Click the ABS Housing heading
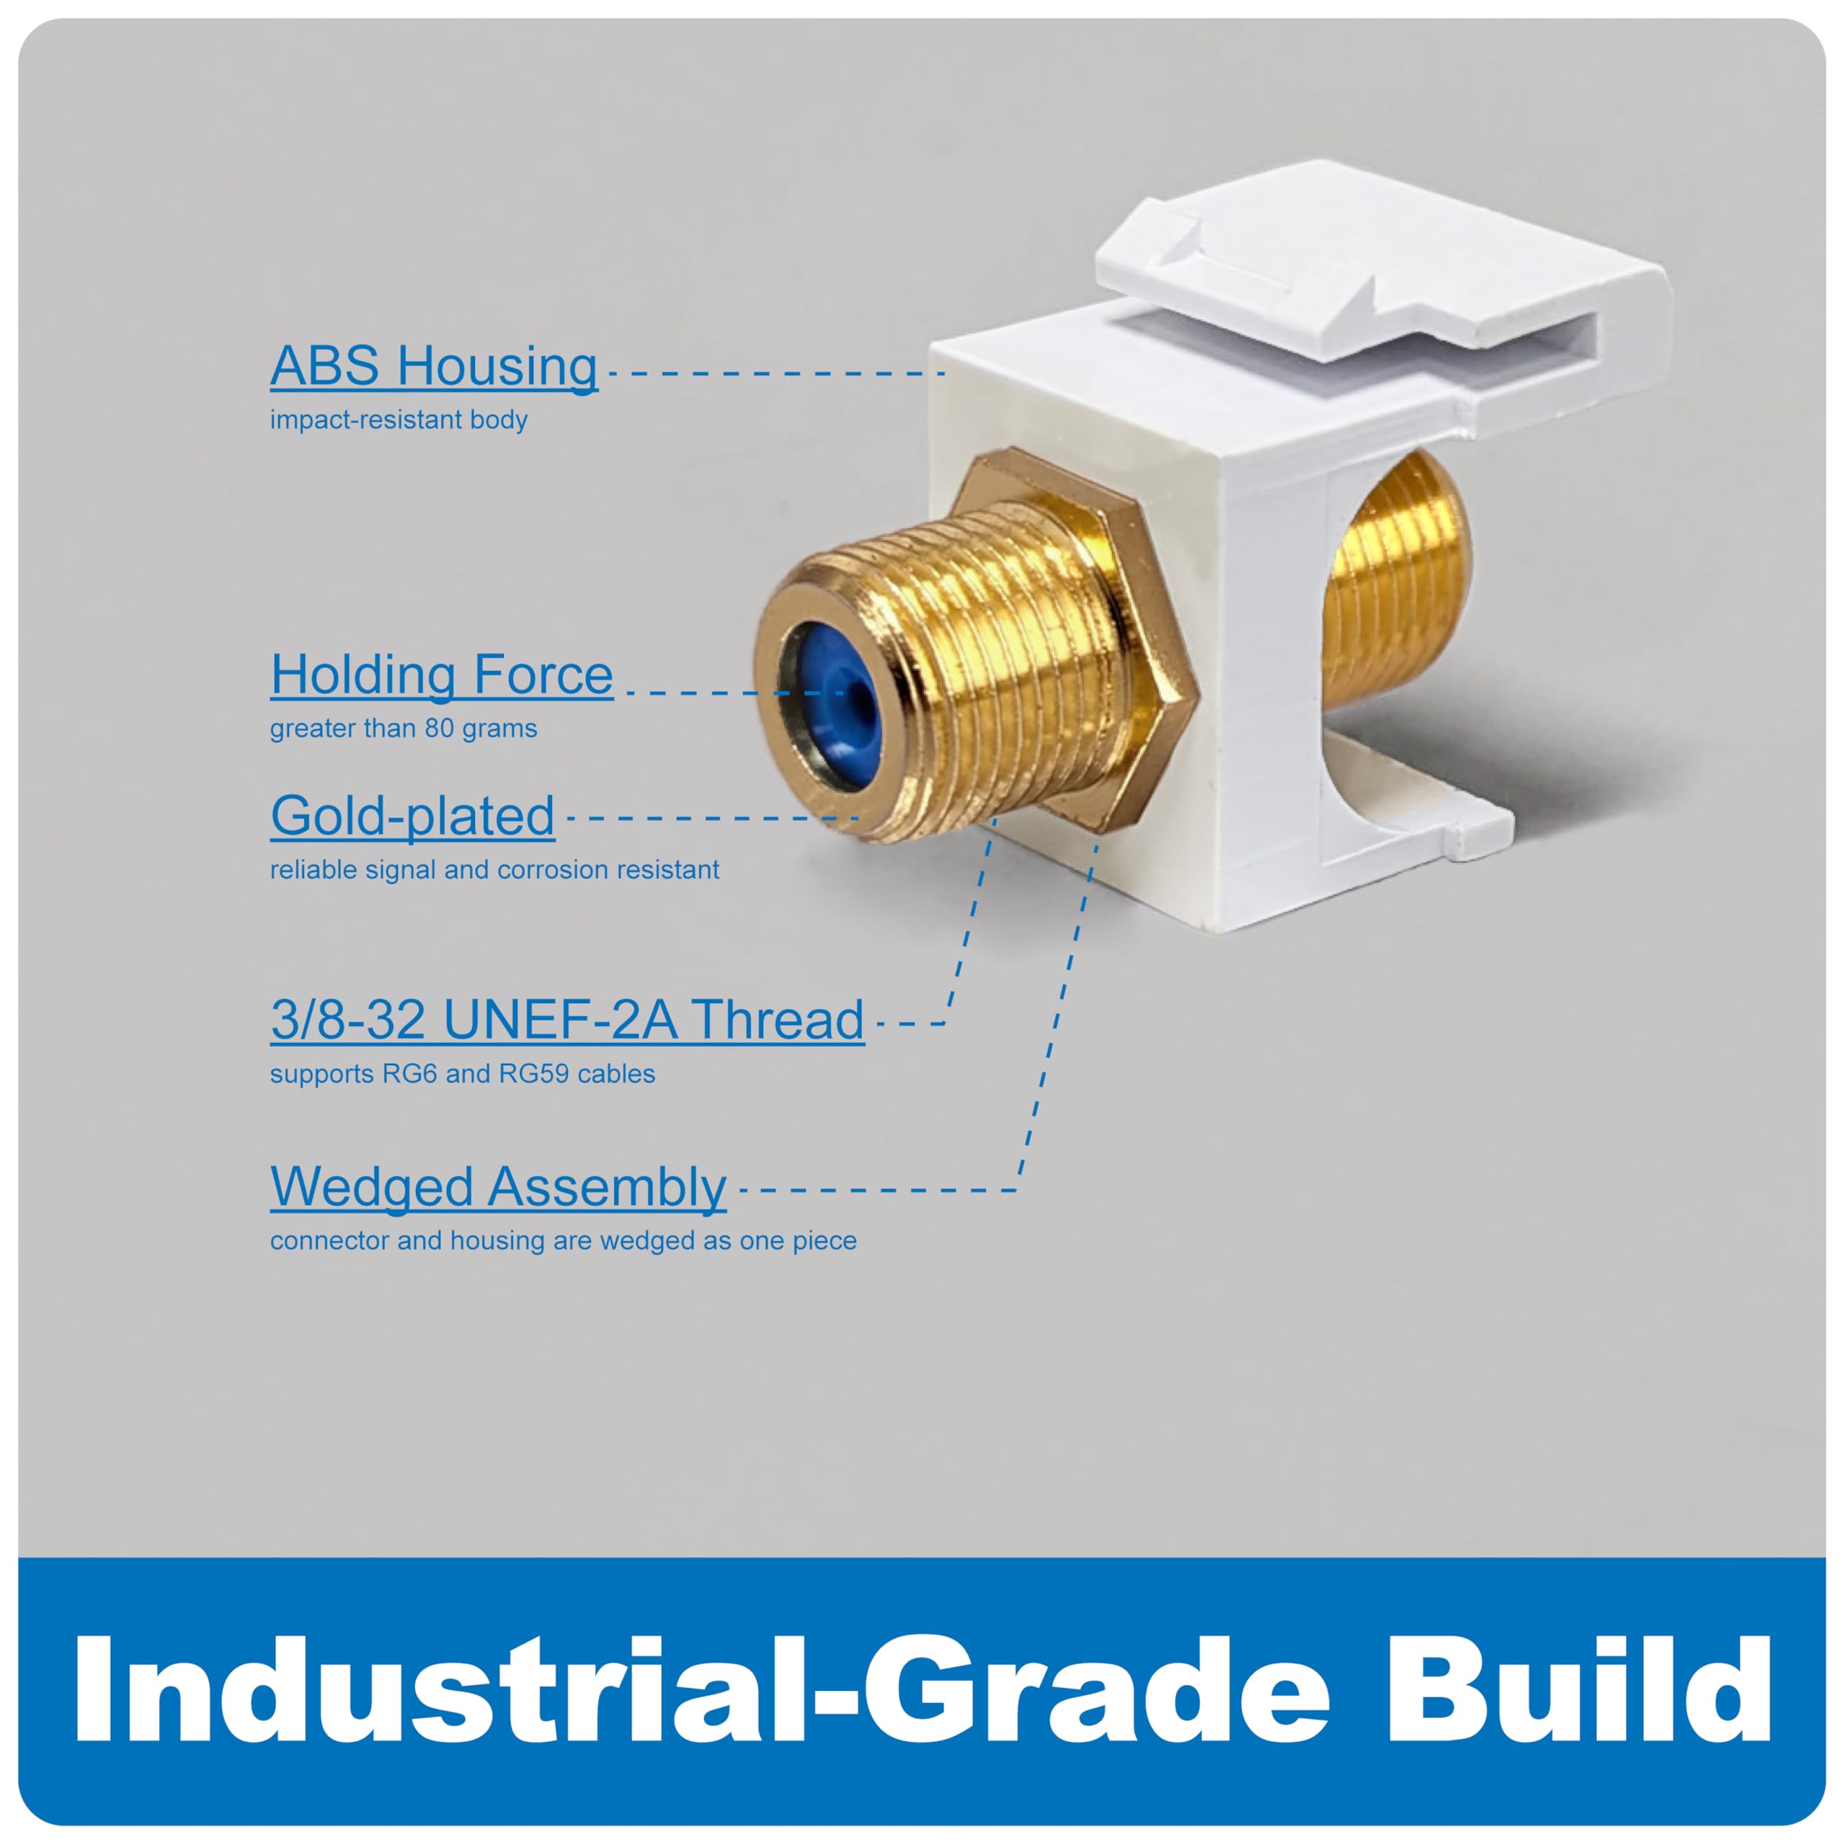pyautogui.click(x=434, y=367)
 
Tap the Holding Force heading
pyautogui.click(x=441, y=675)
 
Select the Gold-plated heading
pyautogui.click(x=412, y=817)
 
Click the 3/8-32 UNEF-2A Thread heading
pyautogui.click(x=567, y=1020)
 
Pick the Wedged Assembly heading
pyautogui.click(x=499, y=1188)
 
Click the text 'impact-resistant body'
pyautogui.click(x=399, y=420)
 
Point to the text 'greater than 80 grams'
pyautogui.click(x=403, y=729)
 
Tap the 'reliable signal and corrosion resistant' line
pyautogui.click(x=494, y=870)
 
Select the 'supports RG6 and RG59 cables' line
pyautogui.click(x=462, y=1075)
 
